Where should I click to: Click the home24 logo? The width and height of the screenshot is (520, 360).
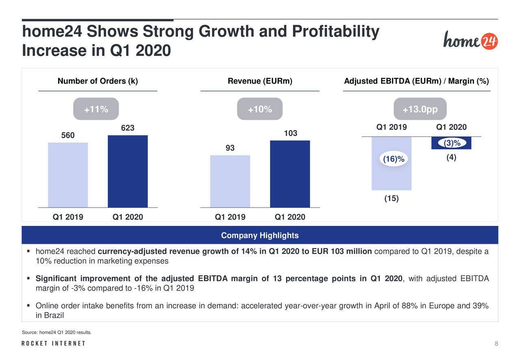(x=470, y=40)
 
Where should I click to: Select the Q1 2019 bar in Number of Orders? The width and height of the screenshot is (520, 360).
(x=68, y=175)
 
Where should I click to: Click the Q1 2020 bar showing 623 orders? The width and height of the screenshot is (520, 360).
(x=128, y=171)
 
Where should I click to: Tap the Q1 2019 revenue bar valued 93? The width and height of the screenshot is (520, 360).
(x=230, y=181)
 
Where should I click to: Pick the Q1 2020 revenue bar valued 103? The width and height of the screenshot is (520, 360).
(x=290, y=173)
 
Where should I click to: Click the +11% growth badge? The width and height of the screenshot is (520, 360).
(x=96, y=109)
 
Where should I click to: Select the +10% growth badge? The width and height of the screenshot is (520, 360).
(x=260, y=109)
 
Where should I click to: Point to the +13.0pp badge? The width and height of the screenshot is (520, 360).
(x=420, y=109)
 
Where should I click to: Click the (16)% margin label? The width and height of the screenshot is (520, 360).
(x=392, y=159)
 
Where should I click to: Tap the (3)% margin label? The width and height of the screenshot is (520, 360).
(x=451, y=143)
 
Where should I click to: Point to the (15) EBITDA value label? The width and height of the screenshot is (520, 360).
(x=391, y=199)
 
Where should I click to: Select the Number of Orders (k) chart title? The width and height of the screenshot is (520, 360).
(x=97, y=81)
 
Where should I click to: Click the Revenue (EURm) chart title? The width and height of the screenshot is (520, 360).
(x=260, y=81)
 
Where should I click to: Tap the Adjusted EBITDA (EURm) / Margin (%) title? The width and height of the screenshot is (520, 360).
(x=416, y=81)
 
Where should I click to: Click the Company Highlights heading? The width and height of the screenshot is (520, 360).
(x=260, y=236)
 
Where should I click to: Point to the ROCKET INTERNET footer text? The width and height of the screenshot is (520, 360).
(x=53, y=344)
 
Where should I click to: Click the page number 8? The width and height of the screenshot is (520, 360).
(x=496, y=344)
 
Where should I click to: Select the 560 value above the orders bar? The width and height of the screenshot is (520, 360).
(x=68, y=136)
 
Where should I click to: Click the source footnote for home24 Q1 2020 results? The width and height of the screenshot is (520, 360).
(x=56, y=333)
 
